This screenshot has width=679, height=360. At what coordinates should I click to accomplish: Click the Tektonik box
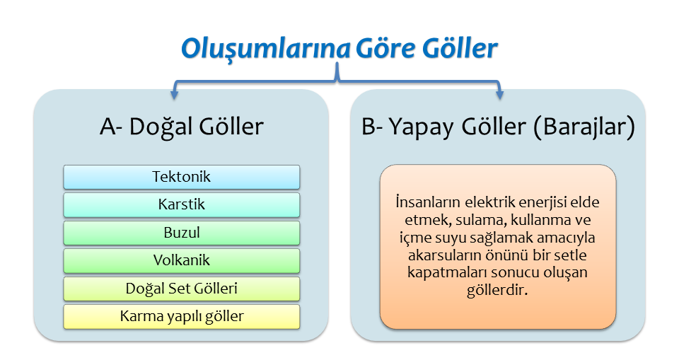click(182, 177)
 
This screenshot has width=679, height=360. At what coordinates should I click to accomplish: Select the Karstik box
click(182, 204)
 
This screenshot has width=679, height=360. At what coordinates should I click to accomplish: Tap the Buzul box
click(182, 233)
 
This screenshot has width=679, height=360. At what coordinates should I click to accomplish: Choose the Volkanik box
click(182, 260)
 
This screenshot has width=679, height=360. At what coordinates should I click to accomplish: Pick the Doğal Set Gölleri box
click(182, 289)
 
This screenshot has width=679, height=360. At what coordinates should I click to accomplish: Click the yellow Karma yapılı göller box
click(182, 316)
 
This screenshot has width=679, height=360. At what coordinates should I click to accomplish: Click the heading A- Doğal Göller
click(182, 127)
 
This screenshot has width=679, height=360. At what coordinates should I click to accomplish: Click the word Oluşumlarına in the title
click(265, 49)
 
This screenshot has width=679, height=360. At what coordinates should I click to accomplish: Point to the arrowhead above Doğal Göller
click(175, 95)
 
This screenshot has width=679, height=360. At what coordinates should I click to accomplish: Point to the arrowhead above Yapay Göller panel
click(499, 95)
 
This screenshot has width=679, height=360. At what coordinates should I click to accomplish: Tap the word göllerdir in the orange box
click(497, 290)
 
